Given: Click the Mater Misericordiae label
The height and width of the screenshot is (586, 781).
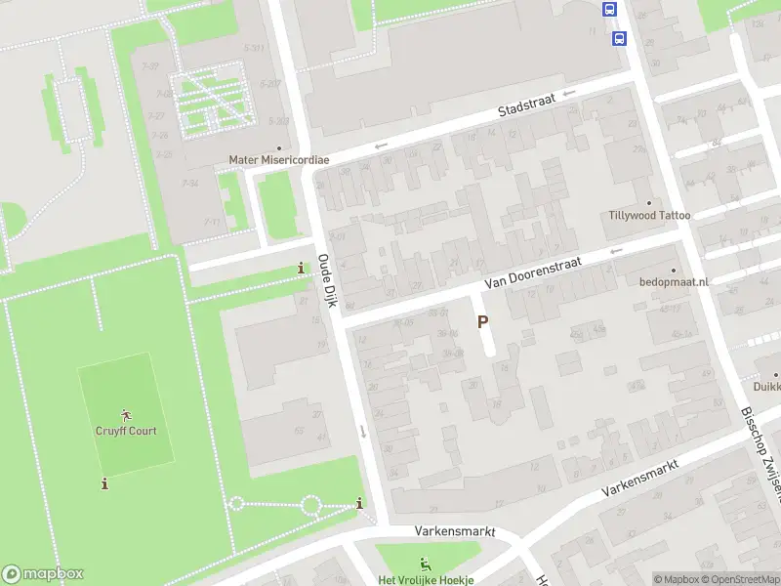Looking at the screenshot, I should pyautogui.click(x=278, y=159).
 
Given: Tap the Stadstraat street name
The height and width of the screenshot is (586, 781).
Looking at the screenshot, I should pyautogui.click(x=527, y=111).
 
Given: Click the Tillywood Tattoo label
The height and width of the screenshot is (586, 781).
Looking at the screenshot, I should pyautogui.click(x=649, y=215).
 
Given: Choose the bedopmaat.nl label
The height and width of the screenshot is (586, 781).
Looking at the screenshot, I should pyautogui.click(x=674, y=281).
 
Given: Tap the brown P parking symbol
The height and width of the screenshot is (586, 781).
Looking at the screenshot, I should pyautogui.click(x=482, y=321).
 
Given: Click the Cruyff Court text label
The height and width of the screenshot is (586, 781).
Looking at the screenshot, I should pyautogui.click(x=126, y=431).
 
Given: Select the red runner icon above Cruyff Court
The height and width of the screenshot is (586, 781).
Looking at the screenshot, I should pyautogui.click(x=126, y=415).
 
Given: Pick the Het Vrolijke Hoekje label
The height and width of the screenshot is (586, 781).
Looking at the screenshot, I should pyautogui.click(x=426, y=579).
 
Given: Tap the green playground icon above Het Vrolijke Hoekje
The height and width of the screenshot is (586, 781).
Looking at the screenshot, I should pyautogui.click(x=425, y=564).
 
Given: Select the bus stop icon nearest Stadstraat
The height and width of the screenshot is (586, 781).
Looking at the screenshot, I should pyautogui.click(x=619, y=38).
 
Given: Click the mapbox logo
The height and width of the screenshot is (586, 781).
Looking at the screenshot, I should pyautogui.click(x=43, y=574).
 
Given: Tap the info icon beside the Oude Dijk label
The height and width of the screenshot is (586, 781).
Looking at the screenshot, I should pyautogui.click(x=301, y=269).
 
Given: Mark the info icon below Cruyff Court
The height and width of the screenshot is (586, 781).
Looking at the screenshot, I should pyautogui.click(x=104, y=483).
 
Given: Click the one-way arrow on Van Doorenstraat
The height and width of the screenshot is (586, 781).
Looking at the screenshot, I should pyautogui.click(x=615, y=251).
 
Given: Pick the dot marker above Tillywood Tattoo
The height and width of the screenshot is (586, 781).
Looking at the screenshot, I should pyautogui.click(x=649, y=202).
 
